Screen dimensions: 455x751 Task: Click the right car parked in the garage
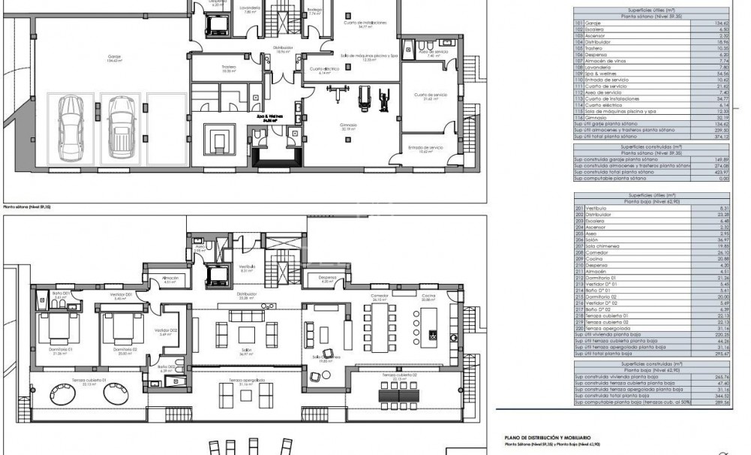coord(119,126)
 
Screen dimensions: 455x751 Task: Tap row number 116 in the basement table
coord(578,118)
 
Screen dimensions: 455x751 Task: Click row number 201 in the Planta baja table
coord(578,207)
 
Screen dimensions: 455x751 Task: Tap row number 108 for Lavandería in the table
coord(578,66)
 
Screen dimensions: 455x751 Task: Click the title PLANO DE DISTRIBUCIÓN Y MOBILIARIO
coord(548,436)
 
